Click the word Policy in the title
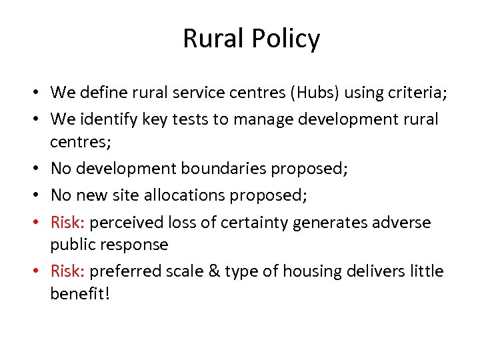pyautogui.click(x=289, y=39)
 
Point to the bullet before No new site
pyautogui.click(x=41, y=196)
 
